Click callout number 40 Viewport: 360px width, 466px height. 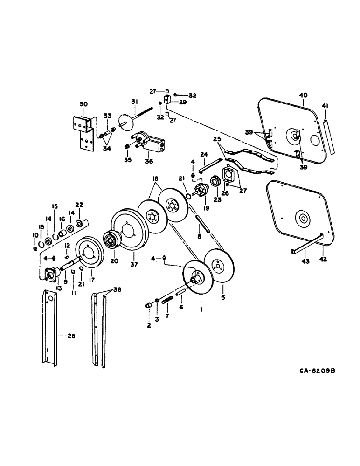click(x=303, y=96)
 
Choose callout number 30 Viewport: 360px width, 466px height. click(x=83, y=104)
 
